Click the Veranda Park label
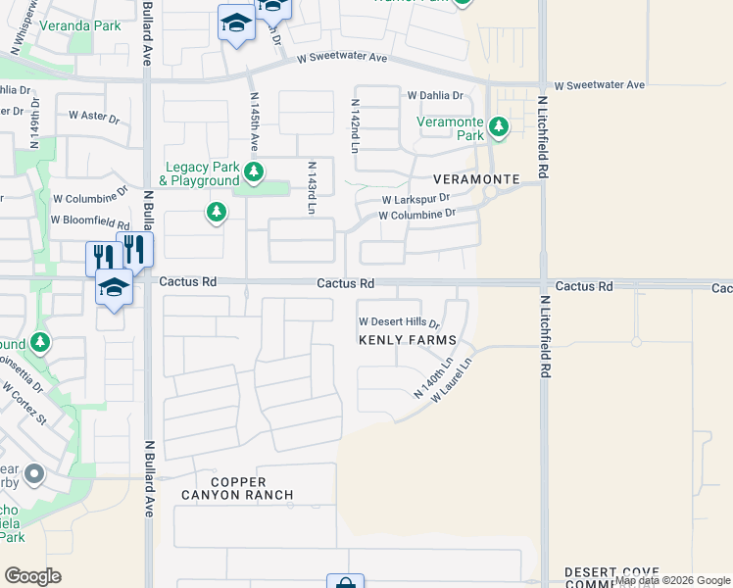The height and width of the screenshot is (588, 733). tap(79, 25)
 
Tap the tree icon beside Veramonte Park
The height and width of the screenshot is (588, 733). tap(499, 126)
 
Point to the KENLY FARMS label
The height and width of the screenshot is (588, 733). tap(408, 340)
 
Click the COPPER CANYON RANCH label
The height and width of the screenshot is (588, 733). tap(237, 488)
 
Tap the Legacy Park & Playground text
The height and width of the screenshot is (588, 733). tap(202, 173)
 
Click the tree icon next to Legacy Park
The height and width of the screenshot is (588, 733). tap(254, 173)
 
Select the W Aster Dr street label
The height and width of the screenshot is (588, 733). tap(93, 116)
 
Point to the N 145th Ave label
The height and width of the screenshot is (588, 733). tap(255, 122)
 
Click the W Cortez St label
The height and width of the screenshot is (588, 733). tap(24, 403)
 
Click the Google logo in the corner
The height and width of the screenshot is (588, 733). tap(32, 575)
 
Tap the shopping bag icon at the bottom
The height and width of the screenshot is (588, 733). tap(345, 583)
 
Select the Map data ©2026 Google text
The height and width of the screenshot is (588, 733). tap(672, 580)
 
